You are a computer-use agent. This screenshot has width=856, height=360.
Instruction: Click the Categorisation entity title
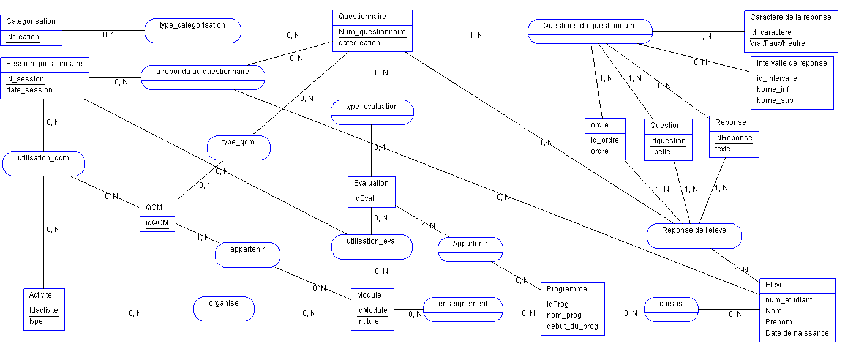(31, 21)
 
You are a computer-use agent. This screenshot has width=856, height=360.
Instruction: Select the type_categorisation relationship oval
(192, 26)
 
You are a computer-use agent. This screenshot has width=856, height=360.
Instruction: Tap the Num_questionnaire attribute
(372, 32)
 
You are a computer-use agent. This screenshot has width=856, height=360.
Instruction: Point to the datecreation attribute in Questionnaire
(359, 43)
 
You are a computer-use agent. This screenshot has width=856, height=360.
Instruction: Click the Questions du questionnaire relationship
(590, 26)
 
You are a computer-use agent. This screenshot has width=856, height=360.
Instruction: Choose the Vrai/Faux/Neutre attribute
(777, 43)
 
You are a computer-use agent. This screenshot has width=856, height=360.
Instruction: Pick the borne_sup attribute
(775, 100)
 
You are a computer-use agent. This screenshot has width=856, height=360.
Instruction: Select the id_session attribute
(25, 79)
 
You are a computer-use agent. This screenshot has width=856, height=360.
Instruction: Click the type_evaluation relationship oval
(372, 107)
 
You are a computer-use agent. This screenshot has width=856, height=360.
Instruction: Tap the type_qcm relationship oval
(238, 143)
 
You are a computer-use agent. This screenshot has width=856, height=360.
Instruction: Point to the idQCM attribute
(157, 223)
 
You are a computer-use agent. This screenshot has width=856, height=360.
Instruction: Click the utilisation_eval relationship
(372, 242)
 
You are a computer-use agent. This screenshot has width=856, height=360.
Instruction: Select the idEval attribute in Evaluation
(363, 198)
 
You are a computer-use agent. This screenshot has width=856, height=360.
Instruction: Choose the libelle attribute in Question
(660, 152)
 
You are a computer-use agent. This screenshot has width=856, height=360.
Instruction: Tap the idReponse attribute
(734, 138)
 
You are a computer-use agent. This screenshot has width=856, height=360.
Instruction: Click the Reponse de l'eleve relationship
(694, 231)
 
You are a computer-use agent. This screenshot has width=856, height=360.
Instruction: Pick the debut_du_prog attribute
(572, 327)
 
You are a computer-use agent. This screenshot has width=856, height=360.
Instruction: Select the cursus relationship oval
(671, 304)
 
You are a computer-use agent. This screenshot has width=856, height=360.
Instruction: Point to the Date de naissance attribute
(797, 333)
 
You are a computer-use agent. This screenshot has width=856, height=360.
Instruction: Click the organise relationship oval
(223, 303)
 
